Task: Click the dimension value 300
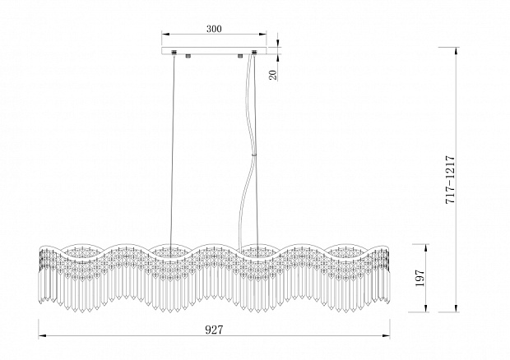[214, 29]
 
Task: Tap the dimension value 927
[214, 330]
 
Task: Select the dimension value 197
[420, 278]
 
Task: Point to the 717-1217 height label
[450, 180]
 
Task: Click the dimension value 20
[273, 75]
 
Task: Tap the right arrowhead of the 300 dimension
[262, 34]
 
